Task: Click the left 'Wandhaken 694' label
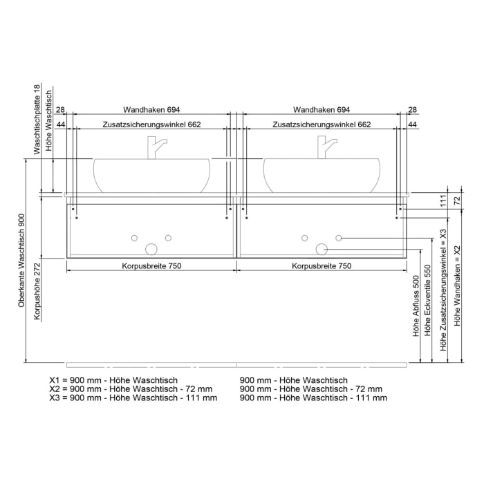[151, 110]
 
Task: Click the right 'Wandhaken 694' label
[322, 110]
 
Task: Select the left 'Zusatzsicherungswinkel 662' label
[151, 124]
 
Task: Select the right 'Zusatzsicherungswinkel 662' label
[322, 124]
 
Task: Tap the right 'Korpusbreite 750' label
[322, 266]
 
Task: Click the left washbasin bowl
[151, 176]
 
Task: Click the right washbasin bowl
[322, 176]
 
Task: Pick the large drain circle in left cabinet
[151, 249]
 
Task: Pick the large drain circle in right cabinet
[322, 249]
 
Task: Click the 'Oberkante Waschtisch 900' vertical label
[22, 260]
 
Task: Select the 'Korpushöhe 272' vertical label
[37, 290]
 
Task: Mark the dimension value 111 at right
[443, 201]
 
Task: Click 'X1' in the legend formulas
[55, 380]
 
